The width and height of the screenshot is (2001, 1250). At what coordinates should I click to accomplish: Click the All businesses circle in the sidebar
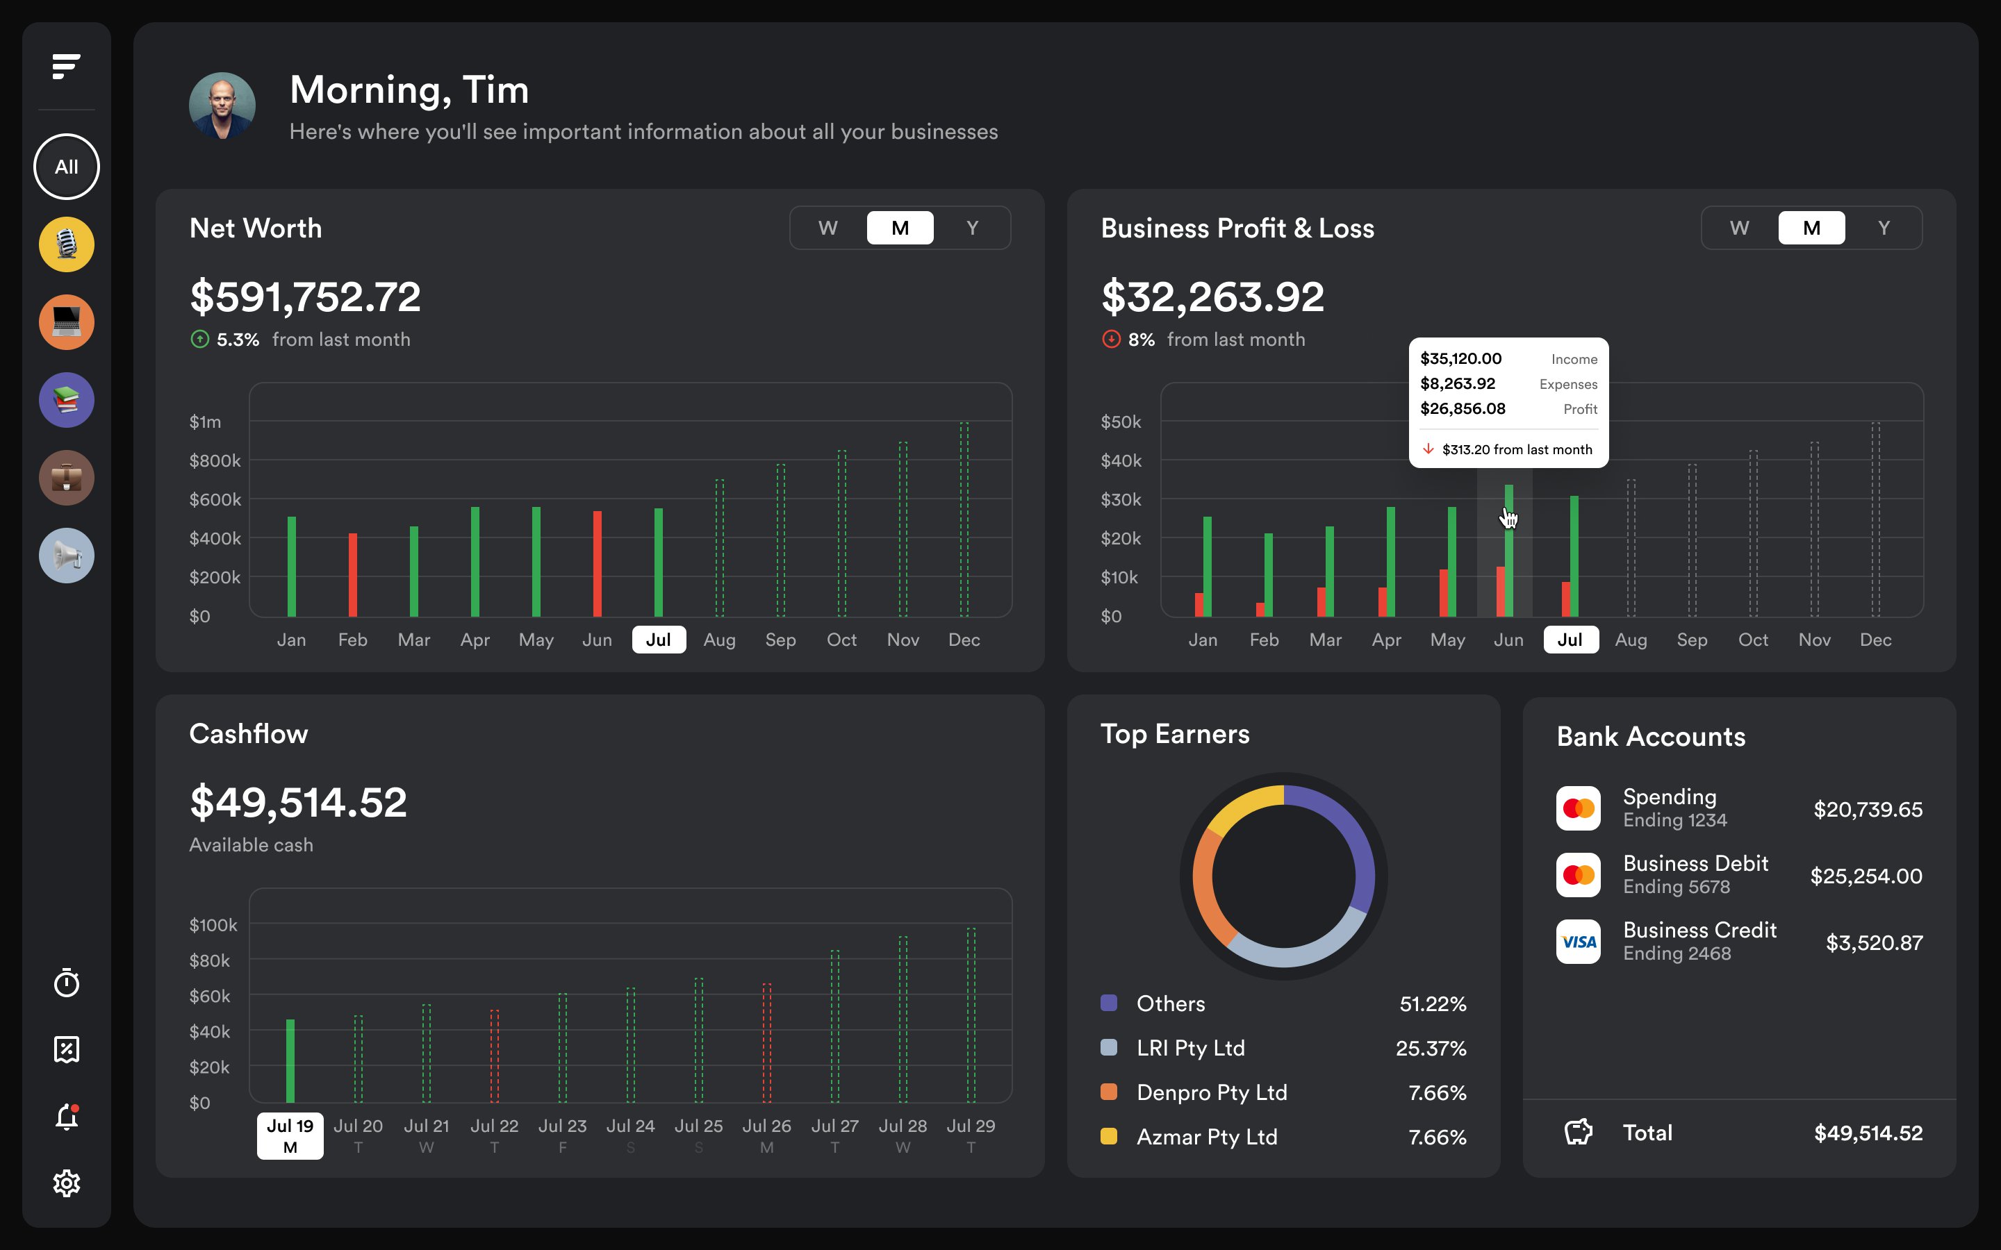pyautogui.click(x=66, y=166)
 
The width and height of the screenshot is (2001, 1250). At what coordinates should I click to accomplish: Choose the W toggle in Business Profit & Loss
pyautogui.click(x=1739, y=228)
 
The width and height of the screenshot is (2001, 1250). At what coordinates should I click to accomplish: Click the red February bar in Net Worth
pyautogui.click(x=353, y=574)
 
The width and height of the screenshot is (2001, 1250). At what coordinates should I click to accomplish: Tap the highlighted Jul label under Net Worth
pyautogui.click(x=658, y=640)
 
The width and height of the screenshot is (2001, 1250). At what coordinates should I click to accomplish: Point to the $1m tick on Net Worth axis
pyautogui.click(x=205, y=422)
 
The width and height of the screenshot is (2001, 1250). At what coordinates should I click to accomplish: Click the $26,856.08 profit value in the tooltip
pyautogui.click(x=1462, y=408)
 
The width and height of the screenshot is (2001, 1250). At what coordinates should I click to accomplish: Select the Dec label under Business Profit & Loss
pyautogui.click(x=1875, y=640)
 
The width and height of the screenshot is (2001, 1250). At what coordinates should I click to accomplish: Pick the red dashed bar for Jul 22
pyautogui.click(x=495, y=1056)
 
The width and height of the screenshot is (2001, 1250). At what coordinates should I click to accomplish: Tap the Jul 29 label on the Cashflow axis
pyautogui.click(x=971, y=1126)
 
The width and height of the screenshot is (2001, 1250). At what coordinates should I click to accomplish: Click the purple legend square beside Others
pyautogui.click(x=1109, y=1003)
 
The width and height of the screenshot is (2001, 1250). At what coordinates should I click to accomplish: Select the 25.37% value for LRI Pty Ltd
pyautogui.click(x=1431, y=1049)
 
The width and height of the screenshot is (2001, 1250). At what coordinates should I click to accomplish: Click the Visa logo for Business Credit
pyautogui.click(x=1578, y=942)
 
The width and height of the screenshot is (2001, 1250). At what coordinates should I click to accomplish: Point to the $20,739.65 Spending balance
pyautogui.click(x=1867, y=809)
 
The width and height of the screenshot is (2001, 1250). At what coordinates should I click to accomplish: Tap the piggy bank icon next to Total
pyautogui.click(x=1578, y=1132)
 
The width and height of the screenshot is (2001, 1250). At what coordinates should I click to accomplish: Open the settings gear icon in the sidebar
pyautogui.click(x=66, y=1183)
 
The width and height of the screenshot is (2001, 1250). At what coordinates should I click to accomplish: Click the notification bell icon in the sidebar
pyautogui.click(x=66, y=1117)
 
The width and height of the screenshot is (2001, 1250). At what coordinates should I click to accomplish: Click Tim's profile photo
pyautogui.click(x=222, y=106)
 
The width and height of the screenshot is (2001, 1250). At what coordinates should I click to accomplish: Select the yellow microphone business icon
pyautogui.click(x=66, y=244)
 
